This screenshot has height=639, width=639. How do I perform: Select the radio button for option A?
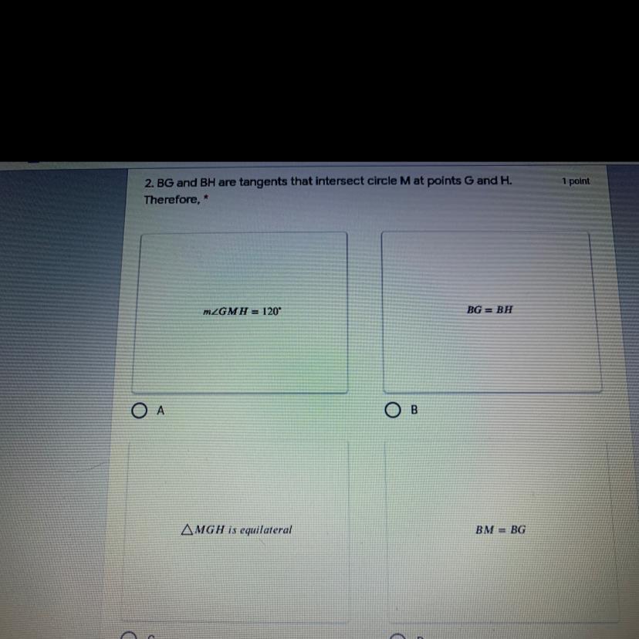point(139,411)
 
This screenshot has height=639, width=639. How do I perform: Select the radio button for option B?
point(393,410)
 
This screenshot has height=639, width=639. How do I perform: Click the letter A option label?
point(161,411)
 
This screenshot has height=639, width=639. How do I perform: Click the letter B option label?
point(414,410)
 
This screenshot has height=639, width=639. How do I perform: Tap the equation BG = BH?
point(489,309)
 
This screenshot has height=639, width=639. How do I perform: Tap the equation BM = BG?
point(500,529)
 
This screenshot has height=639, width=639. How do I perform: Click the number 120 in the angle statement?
point(271,311)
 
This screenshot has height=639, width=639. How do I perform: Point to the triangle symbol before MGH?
point(187,529)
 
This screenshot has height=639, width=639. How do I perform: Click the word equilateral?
point(265,530)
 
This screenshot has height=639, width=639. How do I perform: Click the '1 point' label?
point(576,181)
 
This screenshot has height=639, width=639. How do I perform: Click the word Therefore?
point(172,200)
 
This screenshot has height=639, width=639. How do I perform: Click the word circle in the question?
point(382,181)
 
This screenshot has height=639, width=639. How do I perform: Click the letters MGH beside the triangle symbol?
point(209,529)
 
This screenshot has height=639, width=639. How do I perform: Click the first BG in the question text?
point(165,183)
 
